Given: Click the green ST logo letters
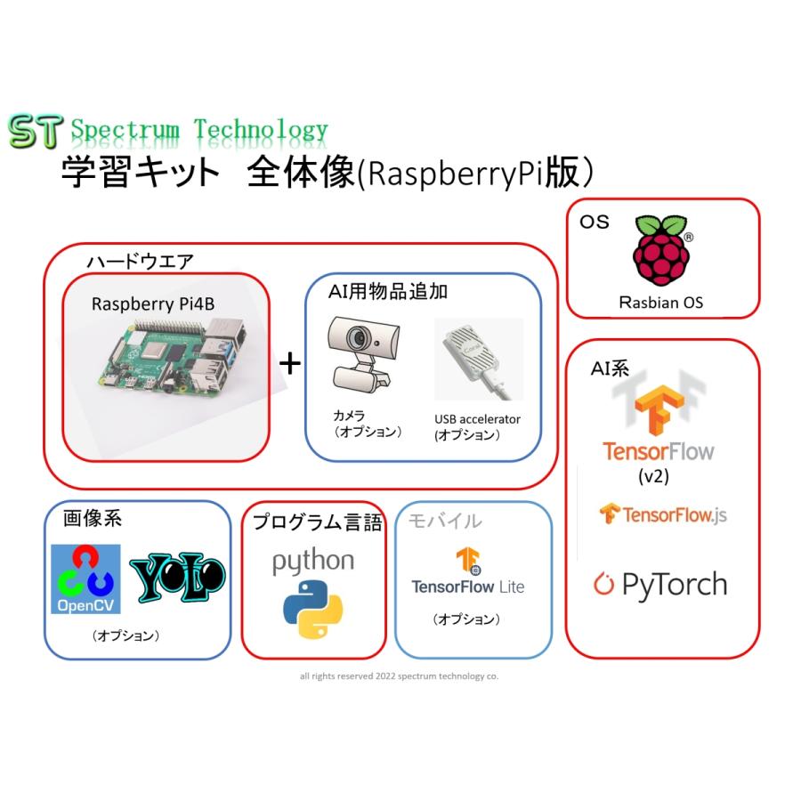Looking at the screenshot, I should click(34, 131).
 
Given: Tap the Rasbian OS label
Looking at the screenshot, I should click(661, 303).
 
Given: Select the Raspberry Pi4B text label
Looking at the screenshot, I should click(153, 303).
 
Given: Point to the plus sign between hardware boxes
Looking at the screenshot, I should click(289, 363).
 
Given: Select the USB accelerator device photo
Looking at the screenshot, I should click(478, 360).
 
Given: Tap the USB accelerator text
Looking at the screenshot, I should click(477, 418).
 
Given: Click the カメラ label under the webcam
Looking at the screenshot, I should click(349, 416).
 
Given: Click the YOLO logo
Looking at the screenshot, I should click(178, 578).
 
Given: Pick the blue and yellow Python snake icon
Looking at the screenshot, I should click(313, 610).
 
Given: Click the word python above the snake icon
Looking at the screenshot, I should click(312, 562).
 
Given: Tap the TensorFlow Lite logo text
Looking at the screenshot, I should click(467, 587).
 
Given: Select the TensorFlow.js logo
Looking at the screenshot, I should click(663, 514).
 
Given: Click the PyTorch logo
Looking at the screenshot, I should click(660, 584).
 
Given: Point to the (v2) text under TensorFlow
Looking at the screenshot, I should click(654, 476).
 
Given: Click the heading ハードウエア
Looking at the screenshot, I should click(140, 263).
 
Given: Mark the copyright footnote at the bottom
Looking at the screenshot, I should click(399, 676).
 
